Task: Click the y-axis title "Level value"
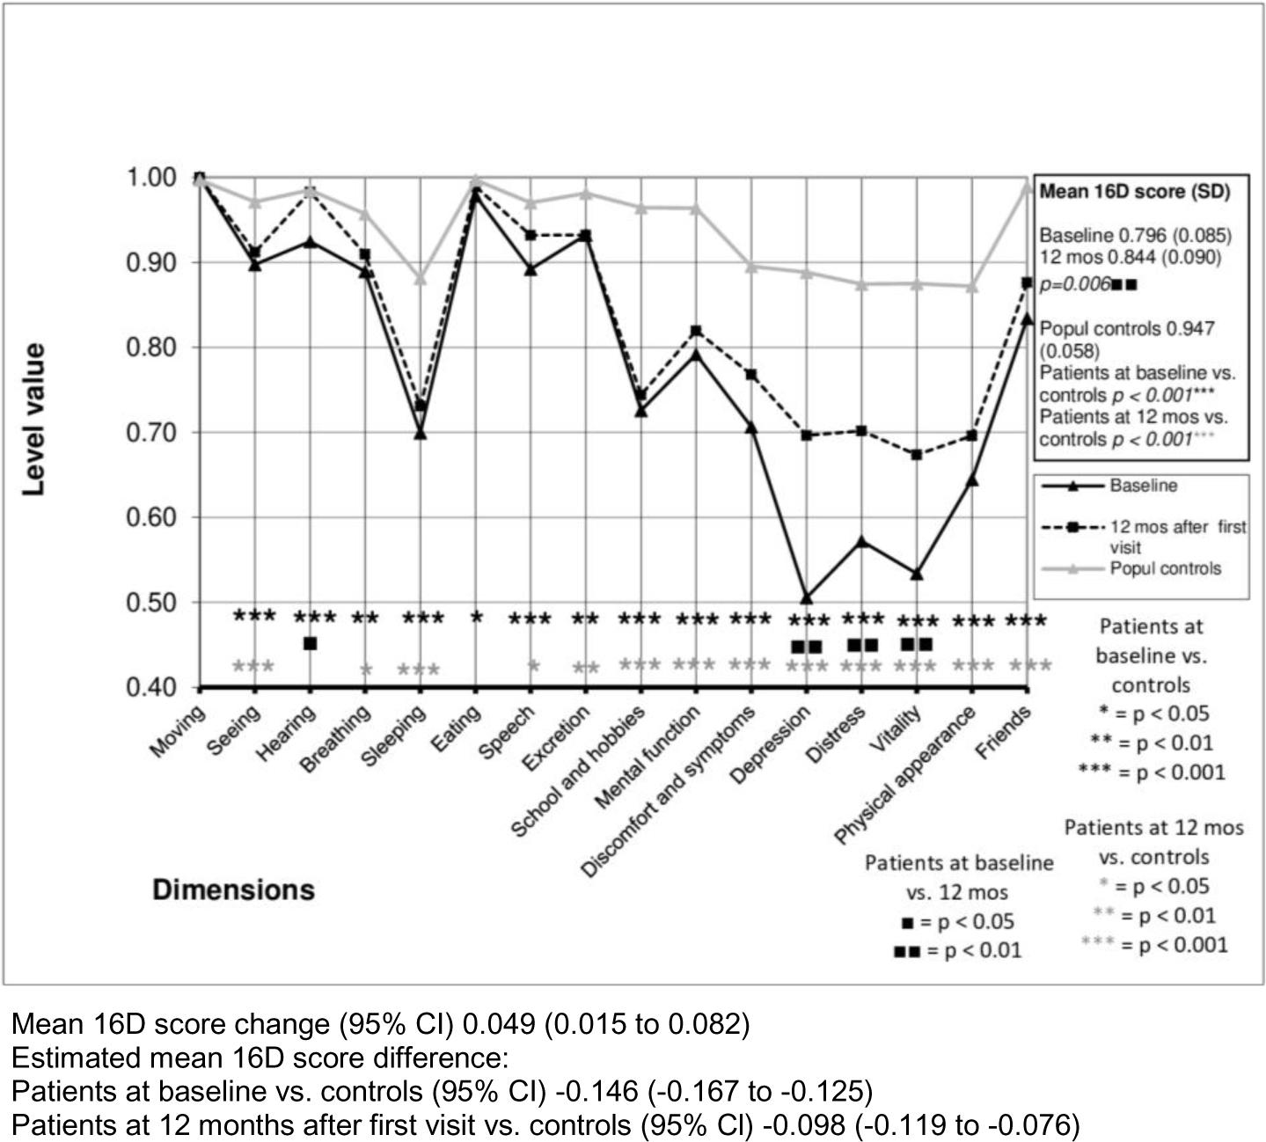pyautogui.click(x=33, y=419)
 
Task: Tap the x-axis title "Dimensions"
pyautogui.click(x=233, y=889)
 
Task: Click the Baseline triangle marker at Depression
pyautogui.click(x=806, y=598)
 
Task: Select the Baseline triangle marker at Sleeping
pyautogui.click(x=421, y=433)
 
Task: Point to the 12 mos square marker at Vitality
pyautogui.click(x=917, y=455)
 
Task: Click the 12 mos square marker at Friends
pyautogui.click(x=1027, y=282)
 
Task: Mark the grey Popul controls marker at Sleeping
pyautogui.click(x=421, y=279)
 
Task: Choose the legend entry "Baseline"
pyautogui.click(x=1142, y=486)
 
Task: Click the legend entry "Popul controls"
pyautogui.click(x=1165, y=568)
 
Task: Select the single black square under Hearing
pyautogui.click(x=310, y=643)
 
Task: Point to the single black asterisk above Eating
pyautogui.click(x=476, y=617)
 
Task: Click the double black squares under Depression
pyautogui.click(x=806, y=647)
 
